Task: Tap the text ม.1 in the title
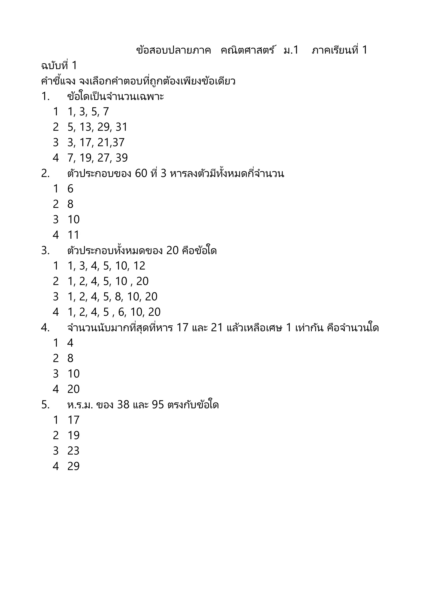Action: click(291, 50)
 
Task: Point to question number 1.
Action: click(45, 96)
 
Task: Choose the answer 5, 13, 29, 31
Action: click(97, 127)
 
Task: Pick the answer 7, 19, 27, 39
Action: click(97, 158)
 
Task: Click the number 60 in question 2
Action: click(141, 174)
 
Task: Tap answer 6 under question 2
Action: click(70, 189)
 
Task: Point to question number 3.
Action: click(45, 251)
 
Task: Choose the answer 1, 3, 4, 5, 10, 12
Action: click(106, 266)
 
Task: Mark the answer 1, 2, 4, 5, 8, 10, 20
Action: click(112, 297)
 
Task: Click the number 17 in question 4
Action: click(182, 328)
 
